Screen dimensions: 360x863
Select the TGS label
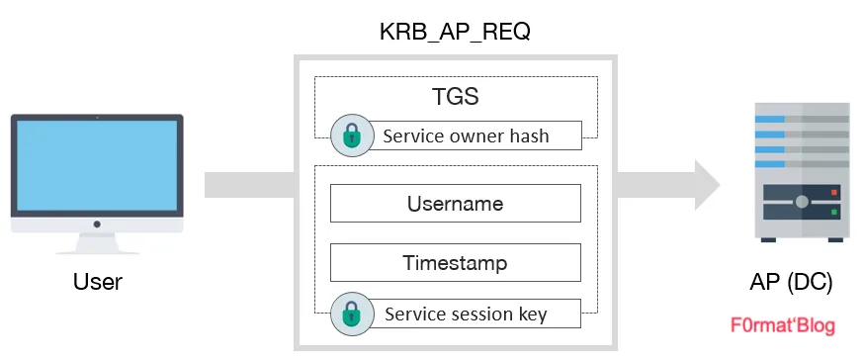coord(455,99)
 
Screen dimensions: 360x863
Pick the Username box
coord(455,204)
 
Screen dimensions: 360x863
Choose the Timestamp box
coord(455,263)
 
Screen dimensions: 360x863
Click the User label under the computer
coord(98,282)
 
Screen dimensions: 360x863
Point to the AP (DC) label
coord(791,282)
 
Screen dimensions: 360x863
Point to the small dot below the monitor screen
coord(97,225)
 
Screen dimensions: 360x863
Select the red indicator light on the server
coord(835,193)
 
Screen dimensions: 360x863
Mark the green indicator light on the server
coord(835,211)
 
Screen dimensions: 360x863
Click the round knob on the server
coord(802,202)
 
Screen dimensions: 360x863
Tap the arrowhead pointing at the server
coord(704,184)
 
